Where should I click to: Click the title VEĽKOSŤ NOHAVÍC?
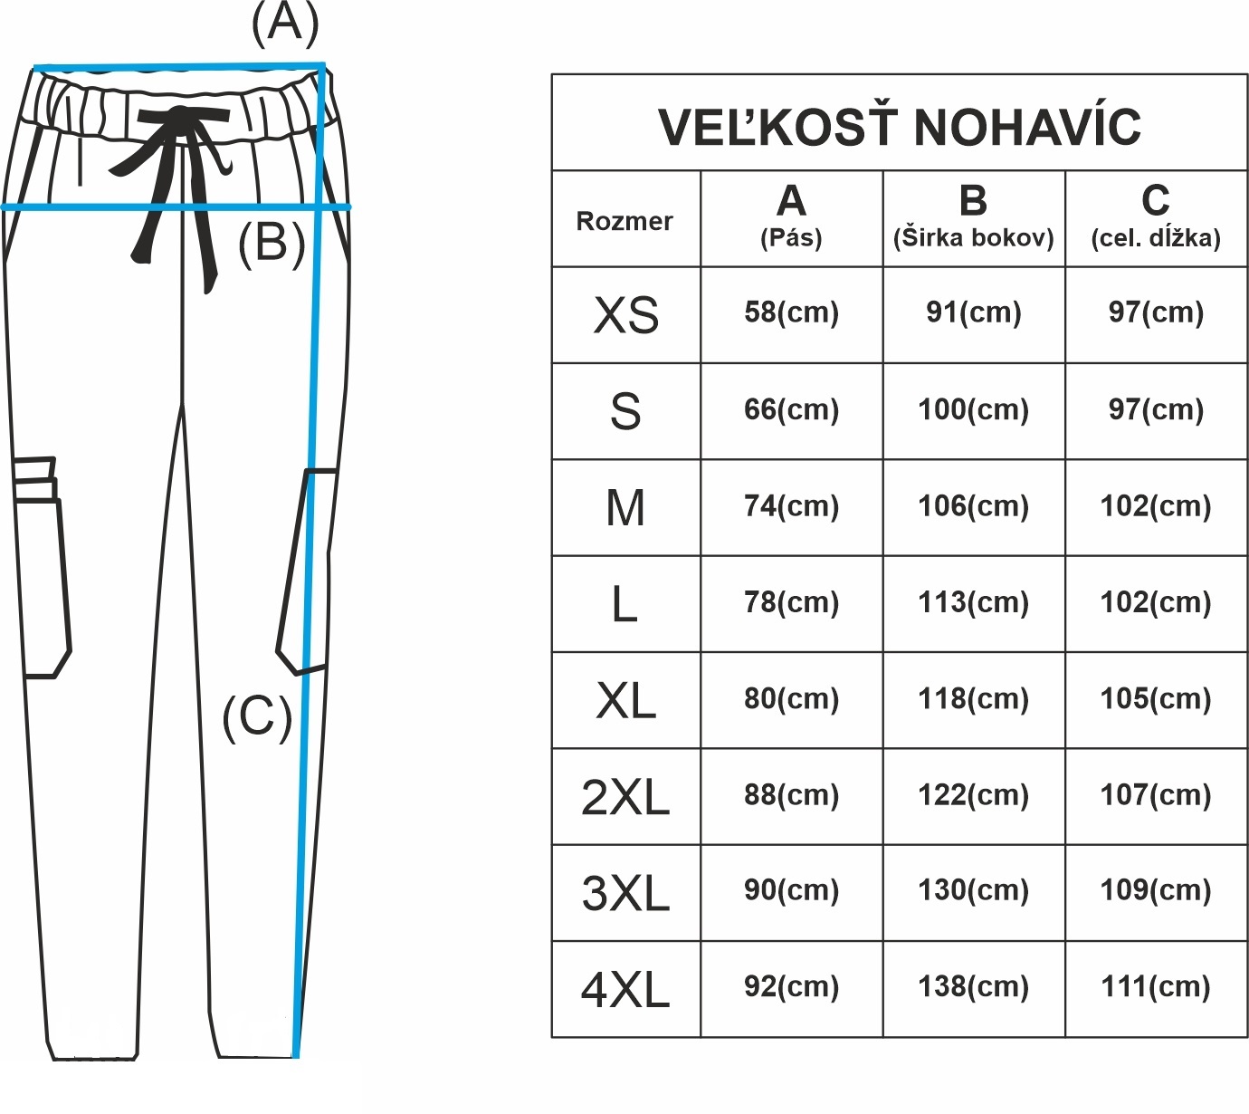pyautogui.click(x=899, y=126)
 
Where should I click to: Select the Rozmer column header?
pyautogui.click(x=624, y=221)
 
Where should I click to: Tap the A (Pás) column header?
pyautogui.click(x=791, y=217)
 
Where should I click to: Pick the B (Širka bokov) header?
pyautogui.click(x=973, y=217)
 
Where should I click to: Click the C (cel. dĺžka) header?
pyautogui.click(x=1156, y=217)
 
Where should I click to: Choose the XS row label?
pyautogui.click(x=625, y=315)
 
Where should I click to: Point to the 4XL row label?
pyautogui.click(x=625, y=990)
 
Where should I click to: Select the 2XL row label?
pyautogui.click(x=625, y=797)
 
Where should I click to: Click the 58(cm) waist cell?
pyautogui.click(x=791, y=312)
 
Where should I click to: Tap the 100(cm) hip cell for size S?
pyautogui.click(x=973, y=409)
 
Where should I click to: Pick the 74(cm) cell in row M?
pyautogui.click(x=791, y=505)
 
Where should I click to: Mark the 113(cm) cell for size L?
pyautogui.click(x=973, y=602)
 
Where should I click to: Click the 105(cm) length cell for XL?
pyautogui.click(x=1156, y=698)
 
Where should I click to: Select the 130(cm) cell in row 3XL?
pyautogui.click(x=973, y=890)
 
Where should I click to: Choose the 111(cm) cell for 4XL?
pyautogui.click(x=1156, y=986)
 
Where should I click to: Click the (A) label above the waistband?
pyautogui.click(x=285, y=24)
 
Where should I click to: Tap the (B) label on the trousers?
pyautogui.click(x=271, y=243)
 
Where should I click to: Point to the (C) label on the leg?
pyautogui.click(x=257, y=716)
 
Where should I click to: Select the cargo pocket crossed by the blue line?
pyautogui.click(x=306, y=571)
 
